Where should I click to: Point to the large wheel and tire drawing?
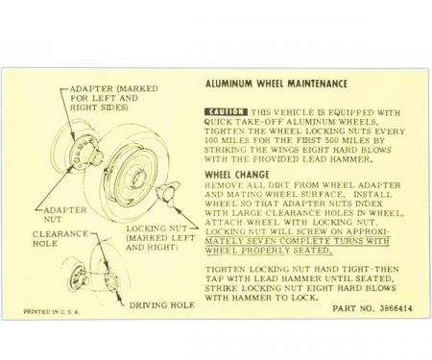(135, 173)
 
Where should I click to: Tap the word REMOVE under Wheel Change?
(227, 186)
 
